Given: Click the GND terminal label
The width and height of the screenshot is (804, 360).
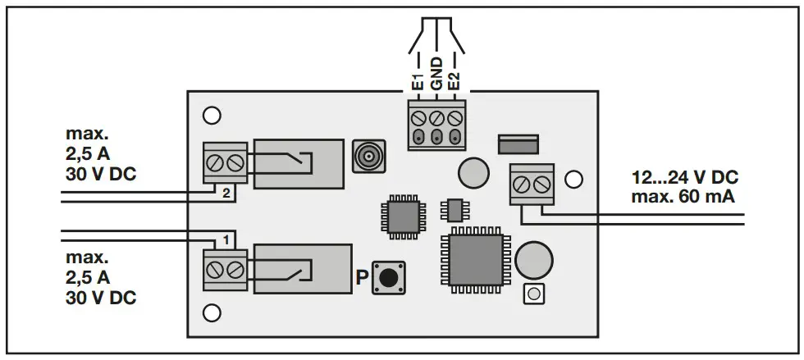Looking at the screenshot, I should click(437, 75).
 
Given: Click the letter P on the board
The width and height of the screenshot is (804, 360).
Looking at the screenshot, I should click(361, 277).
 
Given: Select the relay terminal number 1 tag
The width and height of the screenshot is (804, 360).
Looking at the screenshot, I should click(226, 240).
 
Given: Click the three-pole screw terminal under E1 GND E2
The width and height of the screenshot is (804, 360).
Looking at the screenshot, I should click(437, 125).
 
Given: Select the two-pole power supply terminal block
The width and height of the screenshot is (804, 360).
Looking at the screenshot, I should click(530, 185).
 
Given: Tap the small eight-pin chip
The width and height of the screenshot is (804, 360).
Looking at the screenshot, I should click(452, 210).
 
